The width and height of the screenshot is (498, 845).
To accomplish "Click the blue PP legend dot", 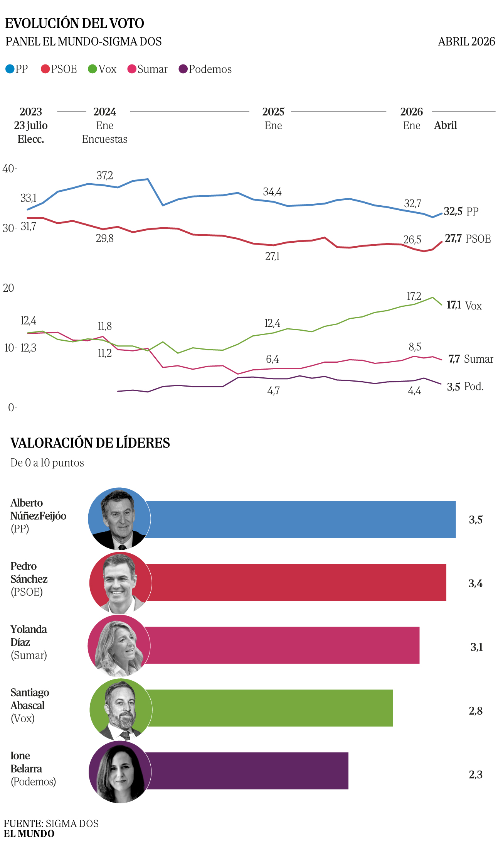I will click(10, 69).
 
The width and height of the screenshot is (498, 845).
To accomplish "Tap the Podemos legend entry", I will click(205, 69).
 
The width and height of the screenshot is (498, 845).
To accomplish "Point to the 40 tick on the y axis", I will click(8, 169).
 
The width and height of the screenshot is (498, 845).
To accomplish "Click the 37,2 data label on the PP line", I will click(104, 176).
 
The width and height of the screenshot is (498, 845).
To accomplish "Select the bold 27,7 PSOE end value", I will click(453, 239).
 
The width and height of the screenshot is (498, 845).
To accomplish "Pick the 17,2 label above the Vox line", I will click(414, 296).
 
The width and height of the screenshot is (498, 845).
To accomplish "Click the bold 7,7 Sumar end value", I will click(454, 359).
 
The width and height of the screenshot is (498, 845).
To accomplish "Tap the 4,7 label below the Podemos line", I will click(273, 391).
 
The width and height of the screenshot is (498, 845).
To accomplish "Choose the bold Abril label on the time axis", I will click(446, 125).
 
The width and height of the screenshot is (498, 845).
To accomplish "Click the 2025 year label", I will click(273, 112).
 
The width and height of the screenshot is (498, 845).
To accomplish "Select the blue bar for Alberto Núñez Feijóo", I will click(301, 519).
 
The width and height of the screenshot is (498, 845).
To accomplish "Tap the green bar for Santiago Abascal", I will click(270, 708).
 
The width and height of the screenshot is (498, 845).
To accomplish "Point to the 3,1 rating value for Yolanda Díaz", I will click(476, 647).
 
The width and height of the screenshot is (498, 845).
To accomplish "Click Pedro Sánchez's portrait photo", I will click(120, 583).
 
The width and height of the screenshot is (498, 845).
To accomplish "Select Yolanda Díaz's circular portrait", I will click(119, 646).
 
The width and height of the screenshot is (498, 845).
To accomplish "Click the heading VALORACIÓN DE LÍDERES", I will click(90, 443).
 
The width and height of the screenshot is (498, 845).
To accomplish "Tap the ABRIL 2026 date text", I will click(466, 42).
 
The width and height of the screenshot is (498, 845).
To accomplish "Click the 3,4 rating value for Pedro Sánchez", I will click(476, 583).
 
